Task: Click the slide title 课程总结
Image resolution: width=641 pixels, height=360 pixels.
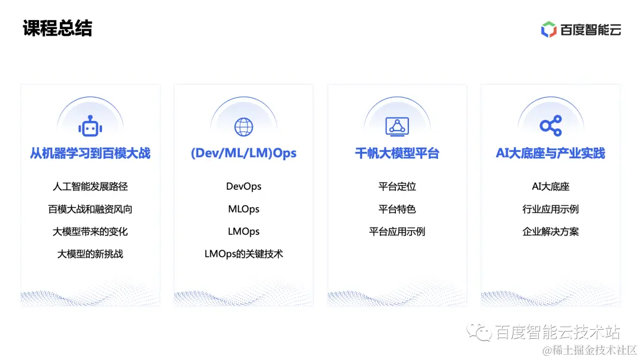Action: point(58,28)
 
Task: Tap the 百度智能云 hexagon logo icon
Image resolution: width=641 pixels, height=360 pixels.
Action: point(549,29)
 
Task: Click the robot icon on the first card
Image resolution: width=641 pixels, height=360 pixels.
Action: point(90,126)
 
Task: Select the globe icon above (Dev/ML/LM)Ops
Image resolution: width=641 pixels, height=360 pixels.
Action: point(243,126)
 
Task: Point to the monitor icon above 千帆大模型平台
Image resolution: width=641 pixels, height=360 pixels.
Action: point(397,126)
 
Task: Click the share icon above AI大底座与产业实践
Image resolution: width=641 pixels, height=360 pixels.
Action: point(550,126)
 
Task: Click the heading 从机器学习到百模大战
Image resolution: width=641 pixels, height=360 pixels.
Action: point(90,154)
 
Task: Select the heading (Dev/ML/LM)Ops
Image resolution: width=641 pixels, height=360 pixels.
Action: point(243,154)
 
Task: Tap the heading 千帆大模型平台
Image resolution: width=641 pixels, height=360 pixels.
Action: point(397,154)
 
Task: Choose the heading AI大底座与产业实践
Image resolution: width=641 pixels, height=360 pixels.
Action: point(550,154)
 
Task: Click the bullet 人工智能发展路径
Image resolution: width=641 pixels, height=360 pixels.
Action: point(90,186)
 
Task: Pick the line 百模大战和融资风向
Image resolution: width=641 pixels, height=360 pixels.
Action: point(90,209)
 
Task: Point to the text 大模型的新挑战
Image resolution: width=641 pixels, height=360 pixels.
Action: point(90,254)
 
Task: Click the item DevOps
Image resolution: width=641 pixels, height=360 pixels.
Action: point(243,186)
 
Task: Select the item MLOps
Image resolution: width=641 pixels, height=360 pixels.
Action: point(243,209)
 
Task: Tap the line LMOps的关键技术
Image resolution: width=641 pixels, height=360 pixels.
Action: point(243,254)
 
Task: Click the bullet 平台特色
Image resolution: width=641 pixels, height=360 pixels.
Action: point(397,209)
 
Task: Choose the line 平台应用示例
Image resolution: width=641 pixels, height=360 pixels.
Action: point(397,231)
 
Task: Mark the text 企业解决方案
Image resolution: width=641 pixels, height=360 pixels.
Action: point(550,231)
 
